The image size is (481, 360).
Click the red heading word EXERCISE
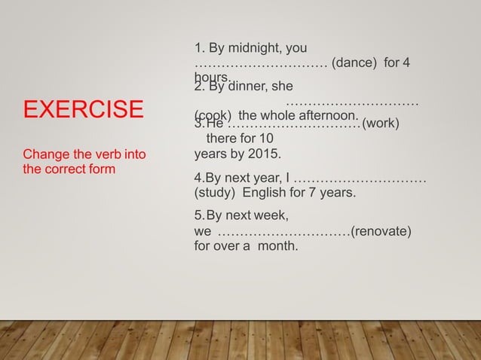tap(83, 108)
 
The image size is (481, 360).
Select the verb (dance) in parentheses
tap(356, 64)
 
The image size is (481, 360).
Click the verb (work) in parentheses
tap(380, 124)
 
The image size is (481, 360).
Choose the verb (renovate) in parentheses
tap(381, 230)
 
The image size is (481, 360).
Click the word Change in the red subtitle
tap(49, 155)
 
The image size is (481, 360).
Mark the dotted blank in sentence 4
tap(360, 178)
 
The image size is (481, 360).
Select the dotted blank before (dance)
tap(260, 64)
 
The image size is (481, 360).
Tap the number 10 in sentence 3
tap(266, 139)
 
